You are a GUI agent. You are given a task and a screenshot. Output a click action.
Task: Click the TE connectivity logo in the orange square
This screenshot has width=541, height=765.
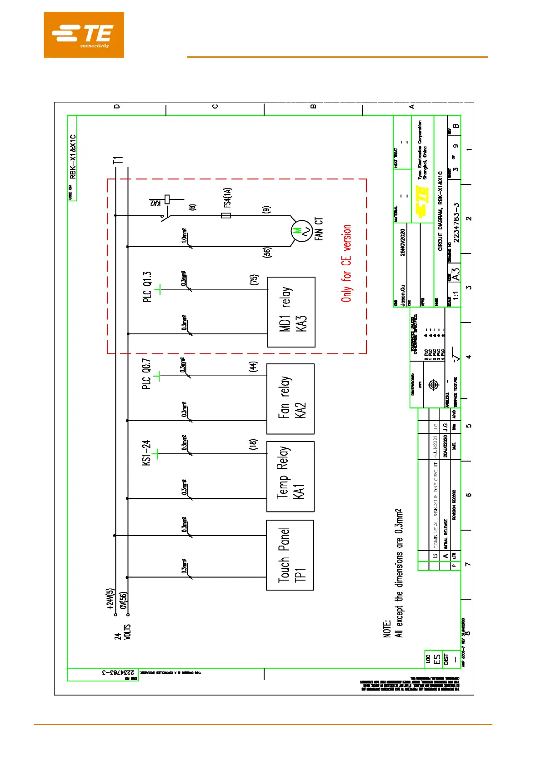coord(84,35)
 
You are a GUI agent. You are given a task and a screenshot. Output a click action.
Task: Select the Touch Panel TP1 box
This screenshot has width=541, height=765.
coord(290,555)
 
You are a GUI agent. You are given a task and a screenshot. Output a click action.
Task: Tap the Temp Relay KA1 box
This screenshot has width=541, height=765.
coord(290,477)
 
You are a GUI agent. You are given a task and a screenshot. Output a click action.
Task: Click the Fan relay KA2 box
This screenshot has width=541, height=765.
coord(290,398)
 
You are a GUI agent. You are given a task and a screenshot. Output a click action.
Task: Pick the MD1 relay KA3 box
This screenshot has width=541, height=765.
coord(291,312)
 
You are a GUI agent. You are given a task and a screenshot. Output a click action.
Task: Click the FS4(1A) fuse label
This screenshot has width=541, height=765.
coord(227,198)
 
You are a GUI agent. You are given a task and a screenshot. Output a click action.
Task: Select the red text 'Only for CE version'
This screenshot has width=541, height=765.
coord(346,263)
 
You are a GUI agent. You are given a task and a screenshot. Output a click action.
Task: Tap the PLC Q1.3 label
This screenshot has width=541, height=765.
coord(147,287)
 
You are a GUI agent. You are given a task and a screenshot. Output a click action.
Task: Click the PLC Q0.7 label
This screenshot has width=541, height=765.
coord(146,373)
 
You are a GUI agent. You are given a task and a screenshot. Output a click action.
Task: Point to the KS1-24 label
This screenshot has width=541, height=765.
coord(146,452)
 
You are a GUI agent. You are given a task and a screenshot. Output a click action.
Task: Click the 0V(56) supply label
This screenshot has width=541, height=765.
coord(124,601)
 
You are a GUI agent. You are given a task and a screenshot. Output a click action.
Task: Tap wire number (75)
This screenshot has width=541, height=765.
coord(254,280)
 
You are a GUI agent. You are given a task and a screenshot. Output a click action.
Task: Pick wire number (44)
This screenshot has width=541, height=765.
coord(253,367)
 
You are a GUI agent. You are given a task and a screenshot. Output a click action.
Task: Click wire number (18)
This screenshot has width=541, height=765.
coord(253,444)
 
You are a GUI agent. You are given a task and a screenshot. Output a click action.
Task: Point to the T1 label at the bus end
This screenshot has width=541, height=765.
coord(118,160)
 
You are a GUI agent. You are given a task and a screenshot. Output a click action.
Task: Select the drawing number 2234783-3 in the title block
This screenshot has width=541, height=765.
coord(456,222)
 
